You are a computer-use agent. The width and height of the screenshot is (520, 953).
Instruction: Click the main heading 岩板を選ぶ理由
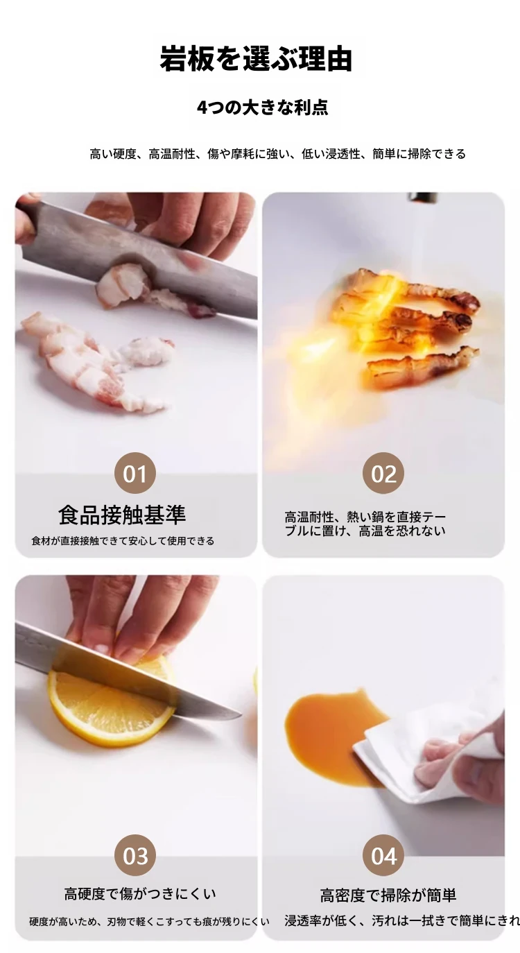coord(256,58)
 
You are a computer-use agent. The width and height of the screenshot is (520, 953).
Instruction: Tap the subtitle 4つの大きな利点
coord(262,108)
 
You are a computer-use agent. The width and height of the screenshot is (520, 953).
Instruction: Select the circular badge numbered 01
coord(135,473)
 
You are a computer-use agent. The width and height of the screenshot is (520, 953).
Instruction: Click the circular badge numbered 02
coord(383,473)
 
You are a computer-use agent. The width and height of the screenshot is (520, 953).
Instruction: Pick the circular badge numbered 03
coord(135,855)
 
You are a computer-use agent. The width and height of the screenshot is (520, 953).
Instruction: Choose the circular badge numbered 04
coord(383,855)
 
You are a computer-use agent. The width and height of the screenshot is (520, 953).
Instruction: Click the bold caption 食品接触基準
coord(122,515)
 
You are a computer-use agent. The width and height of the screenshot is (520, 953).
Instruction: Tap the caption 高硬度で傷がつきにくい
coord(140,894)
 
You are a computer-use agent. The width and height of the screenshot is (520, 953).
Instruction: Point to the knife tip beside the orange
coord(241,714)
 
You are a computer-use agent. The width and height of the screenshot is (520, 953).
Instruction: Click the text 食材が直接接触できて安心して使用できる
coord(123,541)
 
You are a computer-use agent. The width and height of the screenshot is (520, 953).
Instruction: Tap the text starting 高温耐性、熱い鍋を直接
coord(365,524)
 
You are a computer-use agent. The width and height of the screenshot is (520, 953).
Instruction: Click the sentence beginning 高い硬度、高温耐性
coord(277,153)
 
